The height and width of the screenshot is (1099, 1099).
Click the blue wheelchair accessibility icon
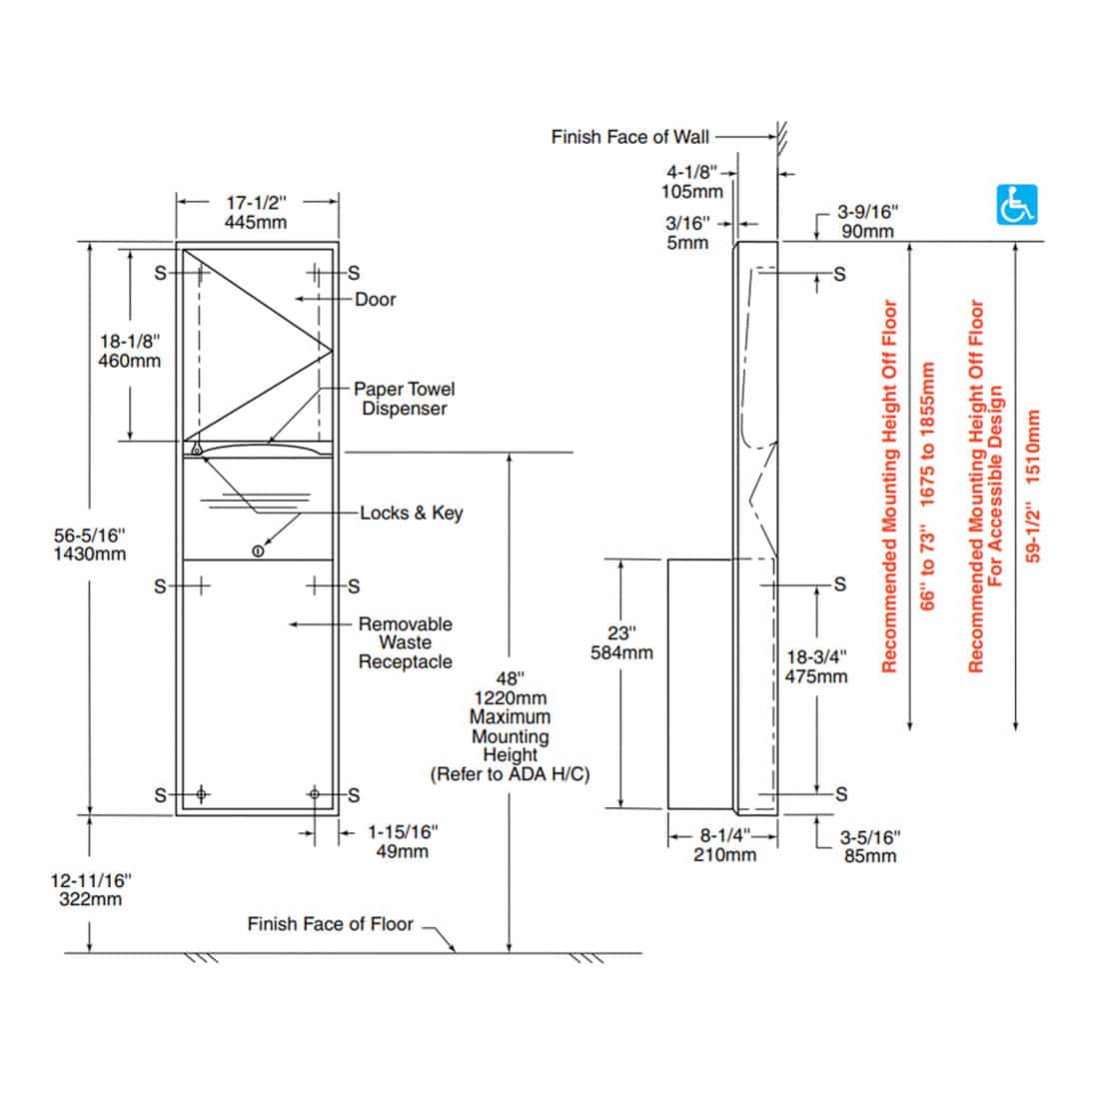coord(1017,205)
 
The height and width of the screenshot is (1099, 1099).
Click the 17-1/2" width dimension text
coord(256,202)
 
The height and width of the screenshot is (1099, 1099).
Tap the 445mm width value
coord(256,222)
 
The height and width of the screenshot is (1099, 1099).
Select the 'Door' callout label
coord(375,299)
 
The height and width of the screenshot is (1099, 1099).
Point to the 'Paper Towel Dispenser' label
coord(404,399)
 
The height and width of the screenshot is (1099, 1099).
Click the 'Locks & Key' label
coord(412,513)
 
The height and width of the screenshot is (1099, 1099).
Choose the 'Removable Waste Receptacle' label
coord(405,642)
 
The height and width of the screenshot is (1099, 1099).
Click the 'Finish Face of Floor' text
coord(330,924)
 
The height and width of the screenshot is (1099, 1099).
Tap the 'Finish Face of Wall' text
coord(629,136)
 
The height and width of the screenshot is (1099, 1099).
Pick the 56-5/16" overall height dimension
coord(90,535)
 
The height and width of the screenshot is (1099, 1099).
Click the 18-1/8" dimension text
coord(129,341)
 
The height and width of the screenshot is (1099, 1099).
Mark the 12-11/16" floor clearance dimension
coord(91,880)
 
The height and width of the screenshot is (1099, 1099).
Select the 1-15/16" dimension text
coord(403,831)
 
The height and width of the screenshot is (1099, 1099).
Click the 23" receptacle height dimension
coord(622,633)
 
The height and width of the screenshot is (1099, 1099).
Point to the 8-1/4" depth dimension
coord(724,835)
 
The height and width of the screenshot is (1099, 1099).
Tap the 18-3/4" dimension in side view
coord(816,656)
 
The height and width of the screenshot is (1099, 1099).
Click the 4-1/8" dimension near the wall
coord(692,172)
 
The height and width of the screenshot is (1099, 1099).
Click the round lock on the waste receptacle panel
coord(258,550)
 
